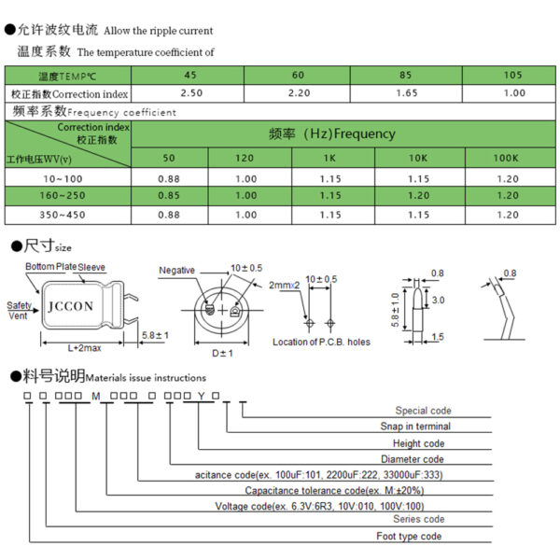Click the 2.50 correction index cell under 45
click(191, 93)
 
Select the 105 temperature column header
click(512, 75)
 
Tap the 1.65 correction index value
click(407, 93)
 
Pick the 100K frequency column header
click(506, 158)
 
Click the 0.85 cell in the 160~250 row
click(169, 196)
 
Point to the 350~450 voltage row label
click(63, 215)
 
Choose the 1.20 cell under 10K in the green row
click(418, 196)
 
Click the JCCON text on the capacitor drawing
click(71, 306)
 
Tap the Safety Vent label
click(19, 311)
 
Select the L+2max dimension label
click(85, 348)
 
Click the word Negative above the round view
click(176, 271)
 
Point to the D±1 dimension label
click(222, 353)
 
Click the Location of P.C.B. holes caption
click(321, 342)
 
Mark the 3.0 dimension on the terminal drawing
click(439, 300)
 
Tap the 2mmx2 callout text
click(285, 286)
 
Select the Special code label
click(423, 411)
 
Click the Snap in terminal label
click(415, 427)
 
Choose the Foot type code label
click(409, 536)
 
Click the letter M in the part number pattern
click(96, 396)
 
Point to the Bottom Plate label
click(50, 266)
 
